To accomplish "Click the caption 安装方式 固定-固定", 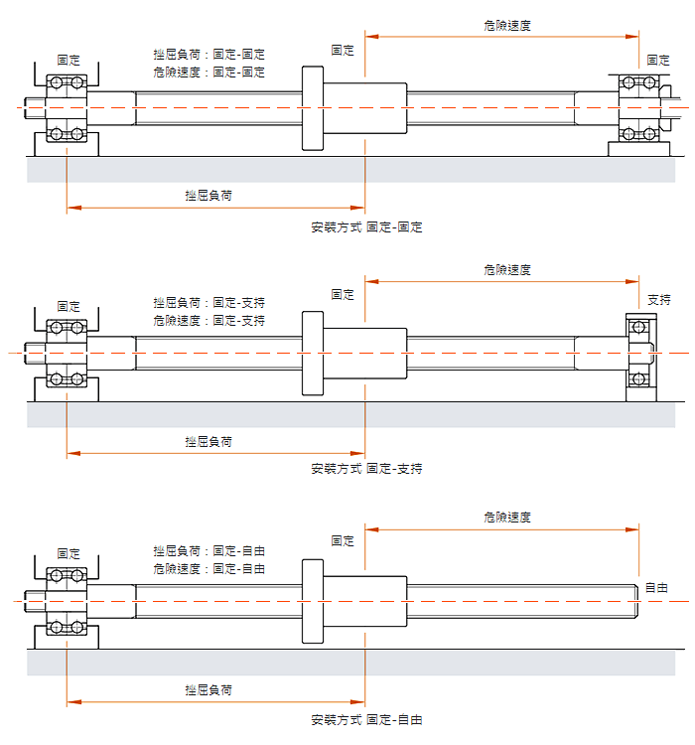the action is coord(366,227).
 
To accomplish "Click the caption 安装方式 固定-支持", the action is coord(366,469).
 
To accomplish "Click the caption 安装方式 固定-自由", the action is coord(366,720).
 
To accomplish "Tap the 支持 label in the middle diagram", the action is coord(659,300).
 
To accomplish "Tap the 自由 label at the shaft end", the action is coord(657,588).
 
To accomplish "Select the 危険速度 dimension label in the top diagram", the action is coord(507,26).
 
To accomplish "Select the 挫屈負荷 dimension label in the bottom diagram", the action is coord(208,690).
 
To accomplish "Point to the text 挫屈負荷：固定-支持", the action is coord(209,303).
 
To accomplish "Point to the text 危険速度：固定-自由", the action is coord(209,569).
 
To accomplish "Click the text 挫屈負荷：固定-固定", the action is coord(209,55).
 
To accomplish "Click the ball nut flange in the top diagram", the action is coord(313,108).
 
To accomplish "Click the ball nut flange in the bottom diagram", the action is coord(313,602).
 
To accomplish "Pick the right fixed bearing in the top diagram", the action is coord(639,108).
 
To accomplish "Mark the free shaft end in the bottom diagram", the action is coord(635,602).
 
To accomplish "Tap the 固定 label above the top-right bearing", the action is coord(658,60).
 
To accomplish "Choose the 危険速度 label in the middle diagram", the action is coord(507,270).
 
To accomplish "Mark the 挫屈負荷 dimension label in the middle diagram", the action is coord(208,442).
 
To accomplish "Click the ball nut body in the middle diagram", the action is coord(364,354).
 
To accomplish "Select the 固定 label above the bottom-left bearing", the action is coord(69,553).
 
